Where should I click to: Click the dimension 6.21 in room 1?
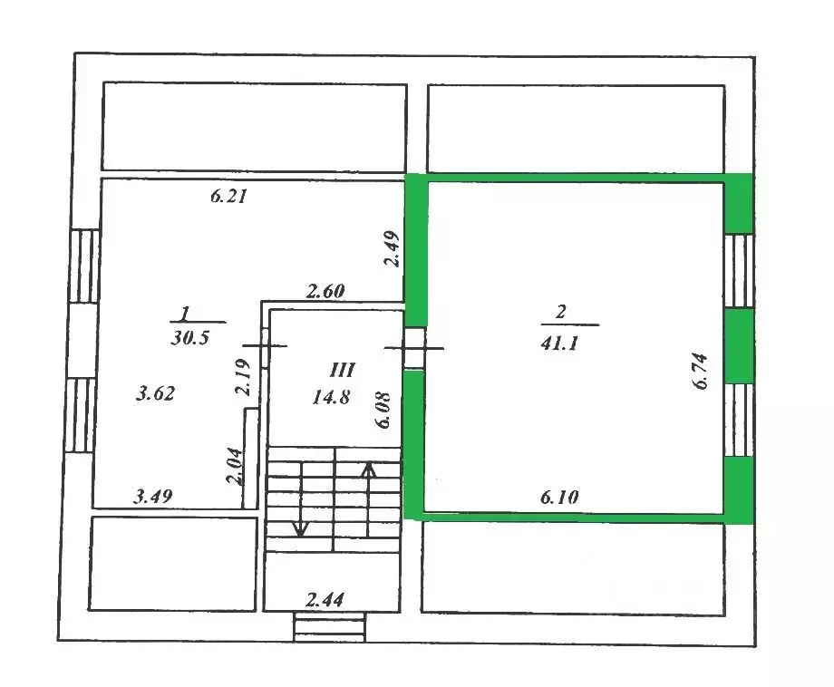[229, 196]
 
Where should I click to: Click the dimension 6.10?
[560, 497]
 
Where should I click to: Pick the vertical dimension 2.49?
[391, 248]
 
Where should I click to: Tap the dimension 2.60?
[325, 292]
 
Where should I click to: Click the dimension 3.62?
[154, 394]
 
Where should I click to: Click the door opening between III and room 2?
[413, 347]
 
